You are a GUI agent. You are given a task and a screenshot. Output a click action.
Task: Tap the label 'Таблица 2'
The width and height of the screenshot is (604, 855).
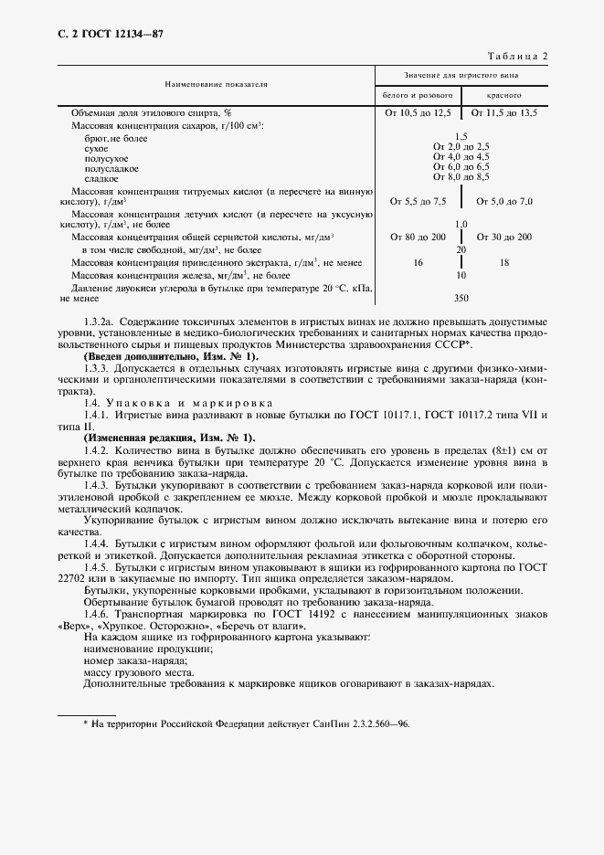coord(516,57)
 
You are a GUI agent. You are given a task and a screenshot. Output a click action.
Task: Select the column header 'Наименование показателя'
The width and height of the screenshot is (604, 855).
coord(216,83)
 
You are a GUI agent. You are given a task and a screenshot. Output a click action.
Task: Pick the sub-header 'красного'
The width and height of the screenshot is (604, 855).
coord(503,95)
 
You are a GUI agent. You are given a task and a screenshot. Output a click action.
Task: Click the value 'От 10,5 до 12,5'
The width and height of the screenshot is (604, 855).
coord(418,112)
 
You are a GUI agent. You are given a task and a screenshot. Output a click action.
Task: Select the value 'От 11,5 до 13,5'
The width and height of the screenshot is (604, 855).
coord(504,112)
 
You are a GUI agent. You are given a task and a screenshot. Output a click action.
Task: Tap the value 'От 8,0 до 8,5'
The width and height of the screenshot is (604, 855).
coord(461,179)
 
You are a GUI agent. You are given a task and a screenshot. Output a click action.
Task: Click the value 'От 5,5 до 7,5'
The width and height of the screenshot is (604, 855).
coord(418,201)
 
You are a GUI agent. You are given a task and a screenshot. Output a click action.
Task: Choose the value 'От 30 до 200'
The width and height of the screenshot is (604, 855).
coord(504,237)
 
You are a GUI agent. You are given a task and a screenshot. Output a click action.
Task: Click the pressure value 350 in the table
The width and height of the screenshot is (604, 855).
coord(461,298)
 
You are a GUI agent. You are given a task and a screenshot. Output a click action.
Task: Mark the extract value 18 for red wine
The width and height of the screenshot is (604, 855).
coord(504,262)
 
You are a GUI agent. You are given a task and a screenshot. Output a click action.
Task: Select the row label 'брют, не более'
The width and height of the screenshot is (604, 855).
coord(115,138)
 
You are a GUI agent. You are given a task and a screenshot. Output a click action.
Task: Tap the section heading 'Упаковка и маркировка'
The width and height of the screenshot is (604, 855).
coord(185,402)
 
